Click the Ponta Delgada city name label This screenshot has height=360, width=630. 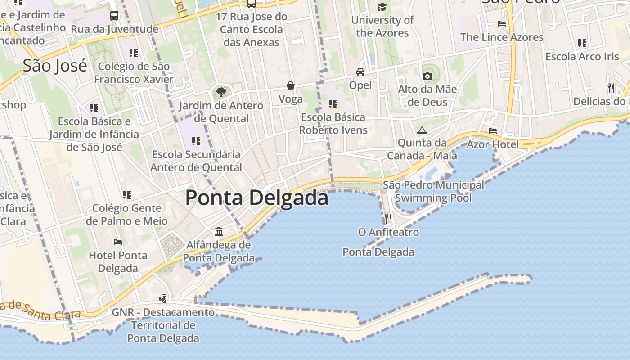coord(257,198)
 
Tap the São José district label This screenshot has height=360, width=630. coord(55,66)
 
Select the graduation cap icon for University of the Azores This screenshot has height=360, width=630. coord(382,7)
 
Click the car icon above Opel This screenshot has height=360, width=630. coord(360,72)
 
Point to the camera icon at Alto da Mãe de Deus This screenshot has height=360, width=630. coord(427,76)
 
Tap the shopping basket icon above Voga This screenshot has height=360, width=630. coord(291,85)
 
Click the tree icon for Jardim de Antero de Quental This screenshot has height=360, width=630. coord(221,92)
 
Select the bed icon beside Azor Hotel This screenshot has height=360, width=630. coord(493,131)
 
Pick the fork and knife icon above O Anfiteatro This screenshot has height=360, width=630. coord(388,219)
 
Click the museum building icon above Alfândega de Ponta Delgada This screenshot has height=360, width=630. coord(219,231)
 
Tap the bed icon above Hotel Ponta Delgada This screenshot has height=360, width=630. coord(118,242)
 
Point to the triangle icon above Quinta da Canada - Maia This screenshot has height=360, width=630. coord(422,130)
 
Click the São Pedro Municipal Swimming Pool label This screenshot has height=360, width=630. coord(433,191)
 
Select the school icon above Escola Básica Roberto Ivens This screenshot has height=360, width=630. coord(333,104)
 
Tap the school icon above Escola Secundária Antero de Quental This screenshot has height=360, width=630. coord(196,141)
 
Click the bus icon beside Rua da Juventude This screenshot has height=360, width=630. coord(114,16)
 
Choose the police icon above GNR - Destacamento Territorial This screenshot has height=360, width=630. coord(163,298)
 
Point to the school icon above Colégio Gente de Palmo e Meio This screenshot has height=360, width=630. coord(127,195)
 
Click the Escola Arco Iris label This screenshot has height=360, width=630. coord(582,57)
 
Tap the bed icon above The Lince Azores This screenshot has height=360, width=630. coord(502,24)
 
